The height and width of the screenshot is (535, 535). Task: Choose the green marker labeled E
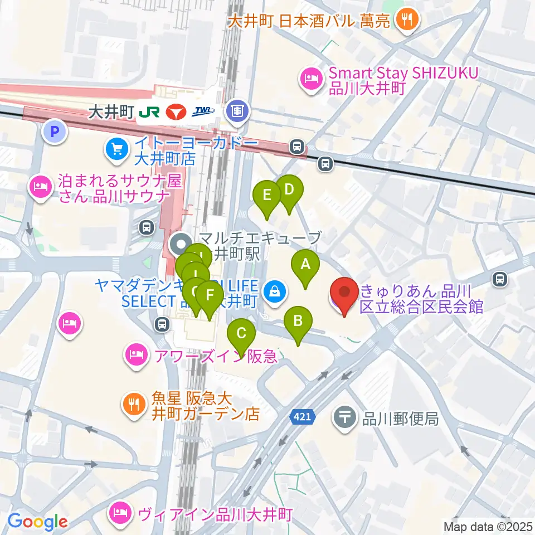pyautogui.click(x=267, y=197)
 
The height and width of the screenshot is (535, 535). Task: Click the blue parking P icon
pyautogui.click(x=55, y=132)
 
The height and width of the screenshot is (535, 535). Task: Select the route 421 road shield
pyautogui.click(x=303, y=416)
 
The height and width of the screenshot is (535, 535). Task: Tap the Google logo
pyautogui.click(x=37, y=522)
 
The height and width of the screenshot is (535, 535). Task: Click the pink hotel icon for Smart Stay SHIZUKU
pyautogui.click(x=310, y=79)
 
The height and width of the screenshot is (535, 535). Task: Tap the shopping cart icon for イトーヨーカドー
pyautogui.click(x=116, y=149)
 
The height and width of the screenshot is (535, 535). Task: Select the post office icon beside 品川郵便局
pyautogui.click(x=346, y=416)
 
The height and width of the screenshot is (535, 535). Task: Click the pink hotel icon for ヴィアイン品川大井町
pyautogui.click(x=121, y=510)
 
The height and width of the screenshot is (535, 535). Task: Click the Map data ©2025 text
pyautogui.click(x=488, y=526)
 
